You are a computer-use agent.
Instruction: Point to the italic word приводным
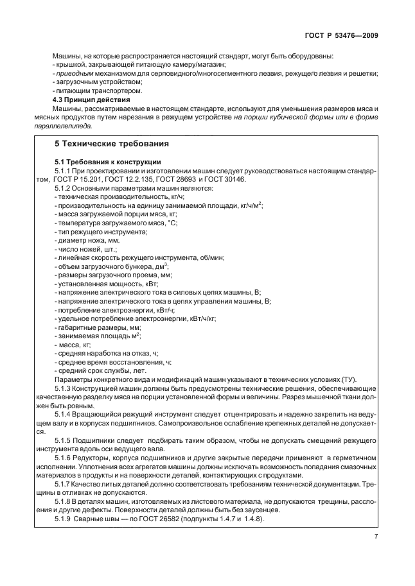click(x=71, y=74)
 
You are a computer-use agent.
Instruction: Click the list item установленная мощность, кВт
click(x=108, y=283)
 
